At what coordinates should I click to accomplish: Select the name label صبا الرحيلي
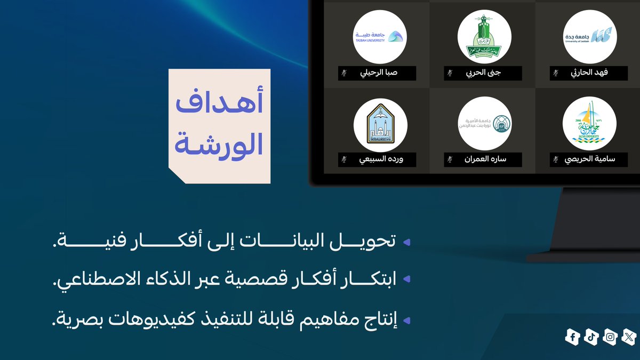[x=379, y=73]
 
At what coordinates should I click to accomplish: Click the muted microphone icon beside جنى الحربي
[x=450, y=73]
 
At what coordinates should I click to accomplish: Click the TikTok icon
[x=591, y=337]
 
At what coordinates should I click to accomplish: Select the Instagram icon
[x=610, y=337]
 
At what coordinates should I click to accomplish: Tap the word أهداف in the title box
[x=219, y=105]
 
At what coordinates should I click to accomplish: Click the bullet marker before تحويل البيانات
[x=406, y=243]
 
